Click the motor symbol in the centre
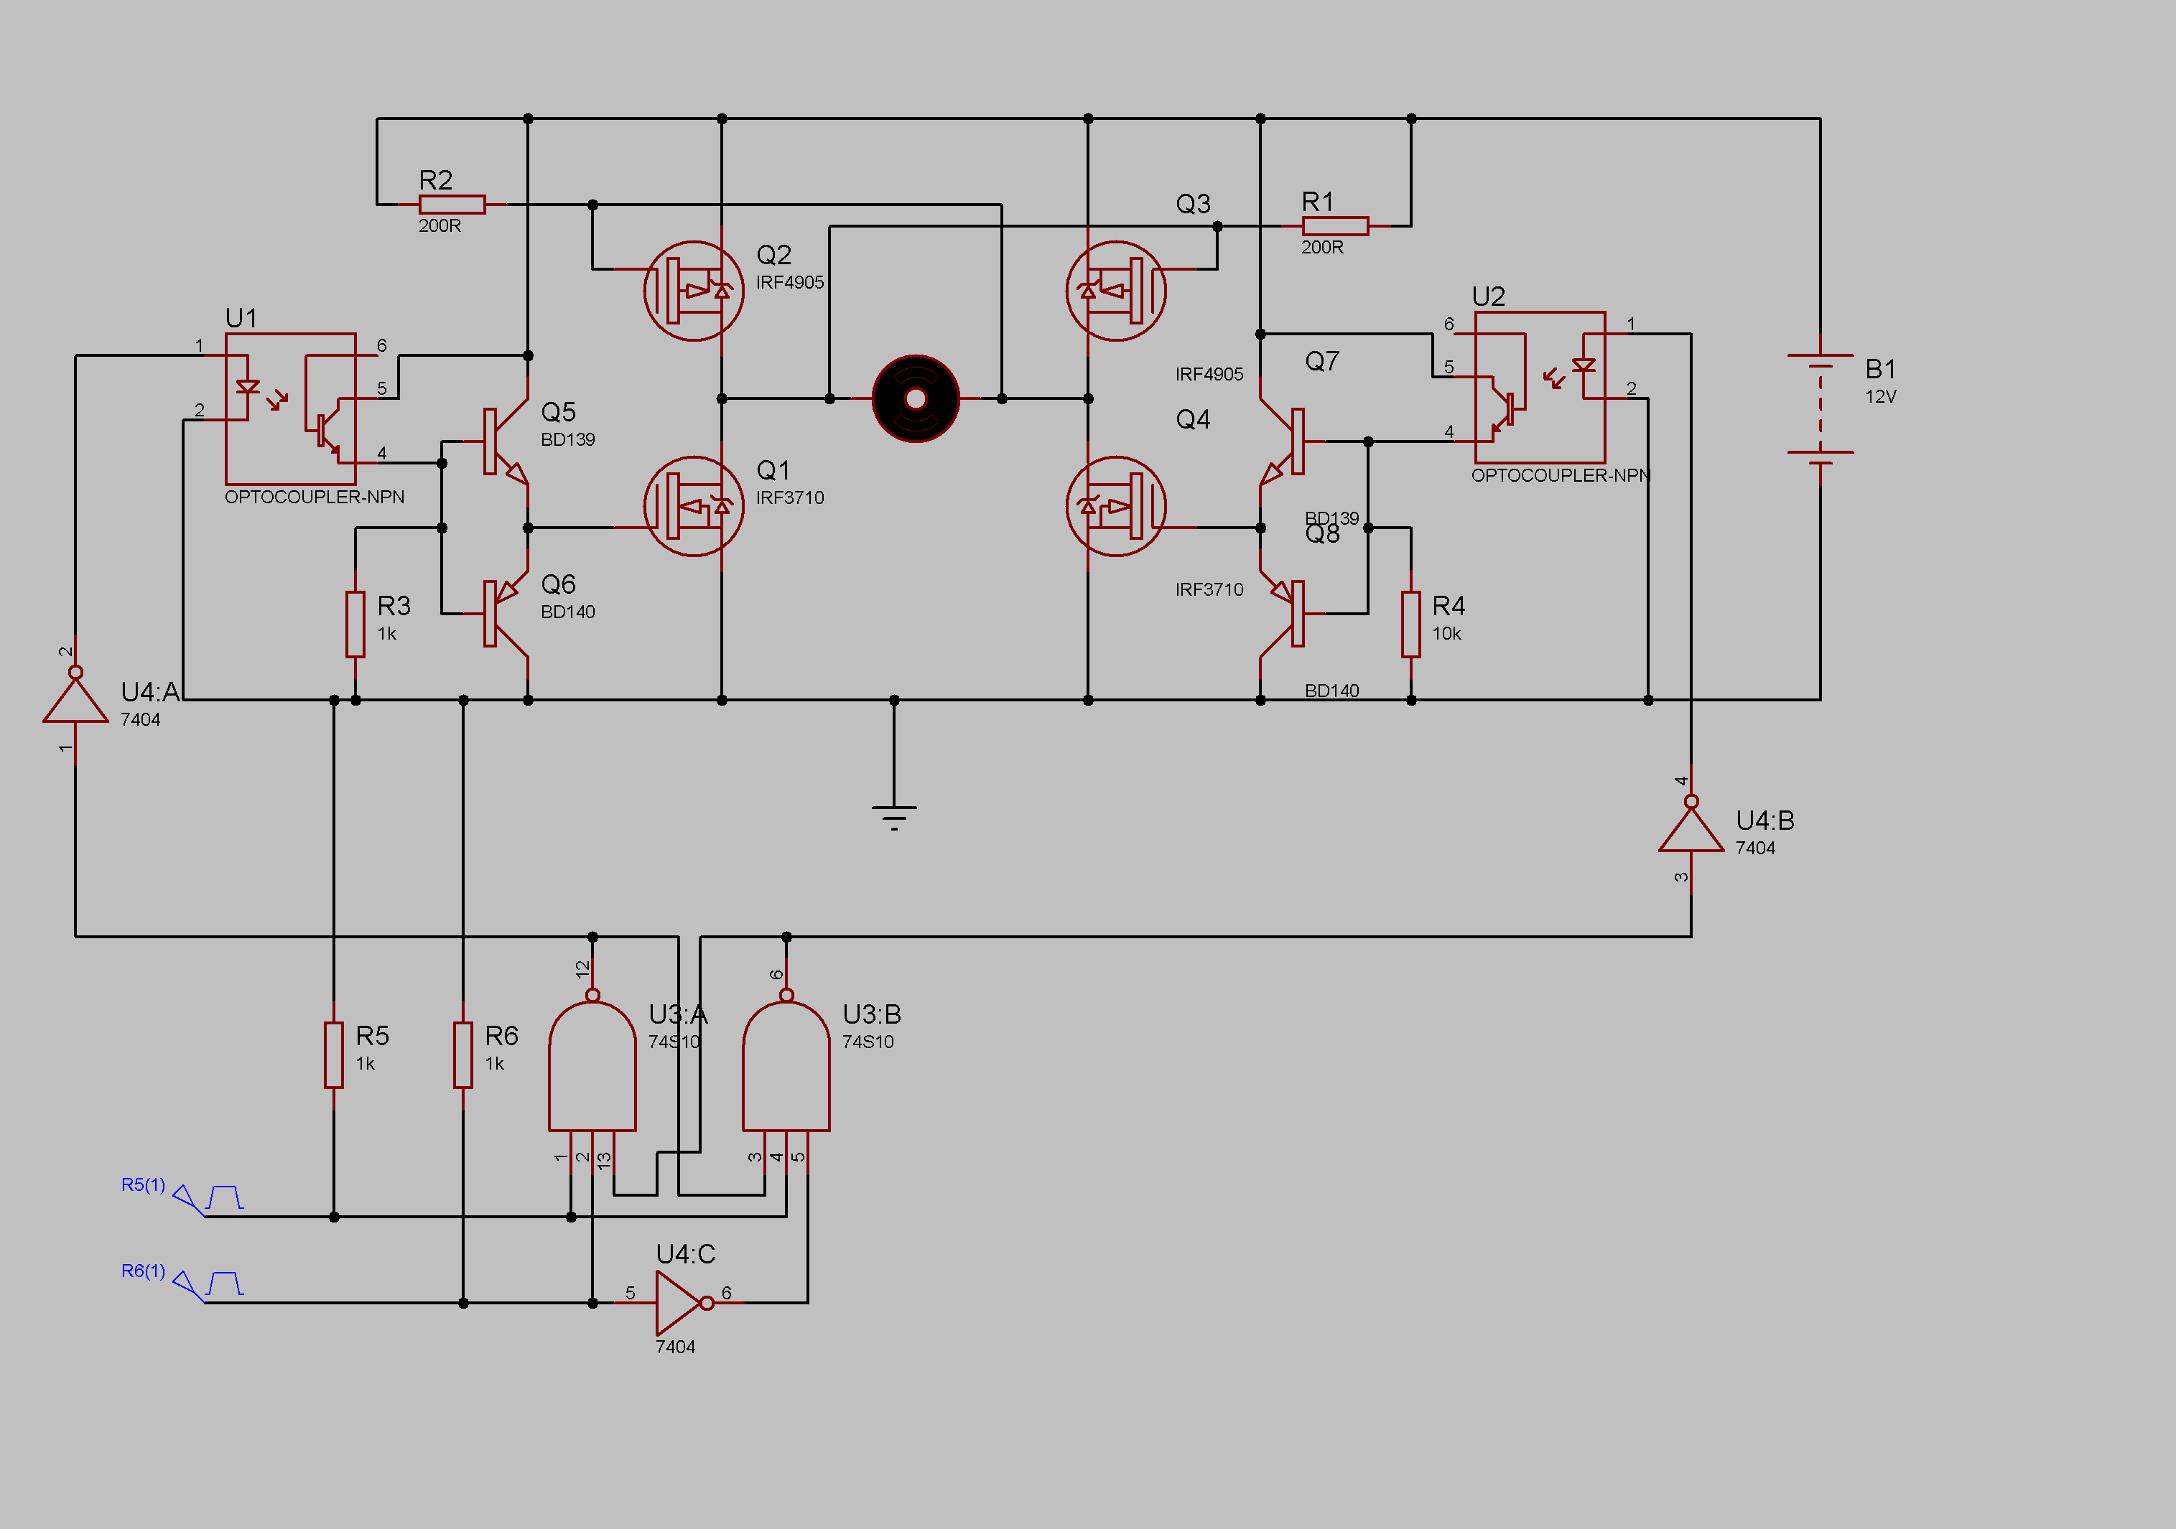pyautogui.click(x=916, y=399)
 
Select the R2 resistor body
pyautogui.click(x=452, y=205)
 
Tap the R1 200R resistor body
pyautogui.click(x=1334, y=225)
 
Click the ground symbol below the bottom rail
pyautogui.click(x=893, y=815)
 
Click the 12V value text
pyautogui.click(x=1880, y=397)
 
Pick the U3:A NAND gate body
pyautogui.click(x=592, y=1070)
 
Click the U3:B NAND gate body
pyautogui.click(x=786, y=1070)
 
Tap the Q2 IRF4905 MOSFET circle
pyautogui.click(x=694, y=291)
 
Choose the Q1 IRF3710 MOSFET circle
pyautogui.click(x=694, y=506)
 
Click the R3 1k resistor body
pyautogui.click(x=355, y=623)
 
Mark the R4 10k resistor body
pyautogui.click(x=1411, y=623)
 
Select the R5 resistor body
pyautogui.click(x=334, y=1055)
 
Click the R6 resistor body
pyautogui.click(x=462, y=1055)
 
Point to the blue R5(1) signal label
pyautogui.click(x=143, y=1185)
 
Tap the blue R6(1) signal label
pyautogui.click(x=143, y=1271)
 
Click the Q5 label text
pyautogui.click(x=558, y=412)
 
